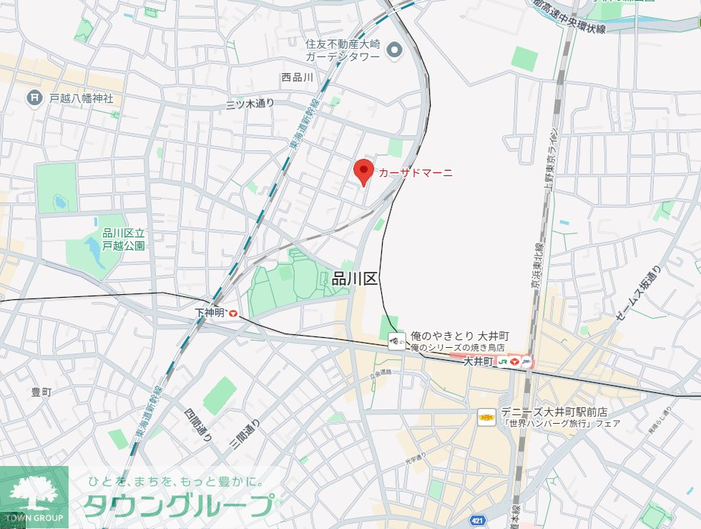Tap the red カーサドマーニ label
coord(416,173)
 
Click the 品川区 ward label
coord(355,279)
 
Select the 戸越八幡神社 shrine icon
coord(33,97)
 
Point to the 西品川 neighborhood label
coord(298,77)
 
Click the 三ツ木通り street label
coord(250,104)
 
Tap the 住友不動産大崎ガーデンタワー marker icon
coord(393,50)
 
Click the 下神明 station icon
coord(233,313)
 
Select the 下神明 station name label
coord(210,313)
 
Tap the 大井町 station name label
coord(479,362)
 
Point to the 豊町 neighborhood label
coord(41,392)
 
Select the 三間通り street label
coord(245,434)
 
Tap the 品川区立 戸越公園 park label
coord(124,239)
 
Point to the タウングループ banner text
coord(178,505)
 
